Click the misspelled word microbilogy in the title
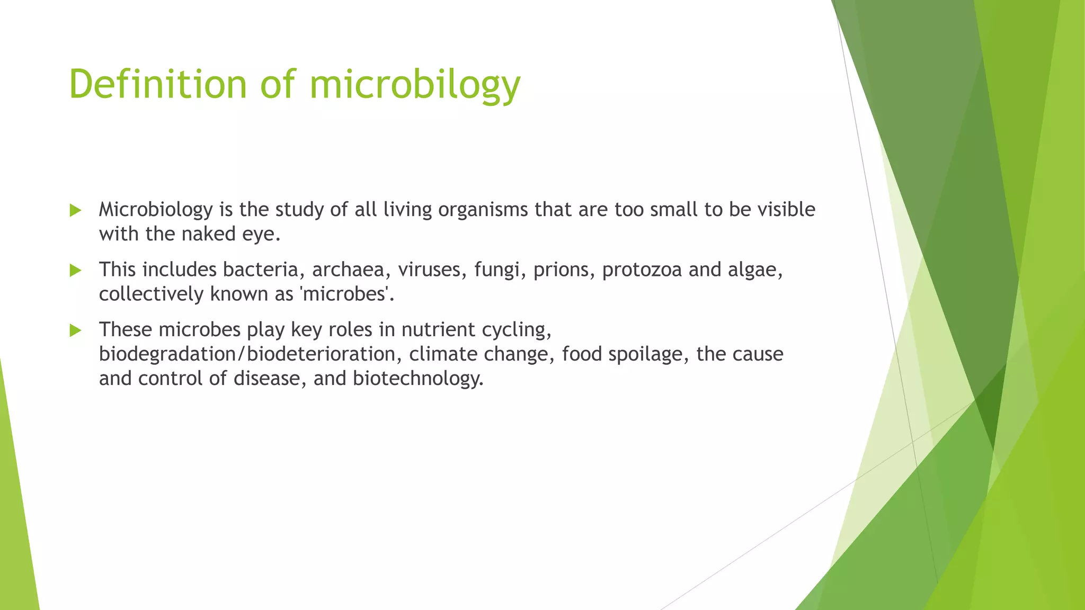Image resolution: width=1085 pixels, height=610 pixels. (415, 84)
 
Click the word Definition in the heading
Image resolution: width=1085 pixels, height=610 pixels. (158, 84)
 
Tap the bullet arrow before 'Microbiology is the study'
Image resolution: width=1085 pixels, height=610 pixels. (75, 210)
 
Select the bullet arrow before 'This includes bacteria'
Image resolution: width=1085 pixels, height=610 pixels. (75, 271)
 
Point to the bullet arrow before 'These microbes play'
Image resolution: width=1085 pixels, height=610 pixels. (75, 330)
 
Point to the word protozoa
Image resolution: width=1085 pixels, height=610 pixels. (642, 270)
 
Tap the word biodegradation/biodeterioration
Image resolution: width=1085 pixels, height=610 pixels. (247, 354)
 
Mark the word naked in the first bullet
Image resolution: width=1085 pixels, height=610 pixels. (208, 234)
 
